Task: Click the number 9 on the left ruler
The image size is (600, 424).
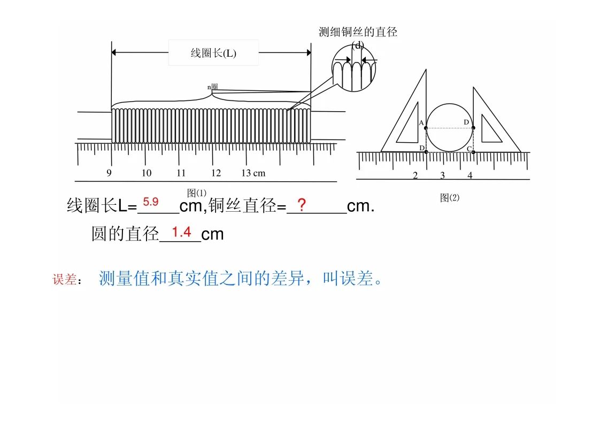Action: (x=109, y=173)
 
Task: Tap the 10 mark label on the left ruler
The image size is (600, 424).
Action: (x=147, y=173)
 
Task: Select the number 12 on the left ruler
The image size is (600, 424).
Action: (x=216, y=173)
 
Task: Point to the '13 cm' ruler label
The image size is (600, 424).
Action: (x=253, y=173)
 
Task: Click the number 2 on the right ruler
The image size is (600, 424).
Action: (x=415, y=176)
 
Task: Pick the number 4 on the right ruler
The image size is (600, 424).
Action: (x=470, y=175)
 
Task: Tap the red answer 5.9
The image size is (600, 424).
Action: (x=151, y=202)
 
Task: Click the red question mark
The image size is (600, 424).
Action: (x=302, y=205)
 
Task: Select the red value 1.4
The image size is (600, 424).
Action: (x=181, y=232)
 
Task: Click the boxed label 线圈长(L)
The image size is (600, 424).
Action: (x=213, y=53)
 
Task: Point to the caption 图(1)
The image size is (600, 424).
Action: (x=197, y=193)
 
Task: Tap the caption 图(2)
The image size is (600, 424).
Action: (x=450, y=197)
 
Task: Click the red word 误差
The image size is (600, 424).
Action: (x=64, y=279)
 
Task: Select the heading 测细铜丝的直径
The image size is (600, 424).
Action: (x=358, y=32)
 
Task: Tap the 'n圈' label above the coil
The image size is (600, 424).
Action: (x=212, y=87)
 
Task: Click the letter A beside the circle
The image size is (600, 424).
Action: (x=421, y=123)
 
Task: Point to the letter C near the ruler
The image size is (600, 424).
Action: (x=469, y=149)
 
